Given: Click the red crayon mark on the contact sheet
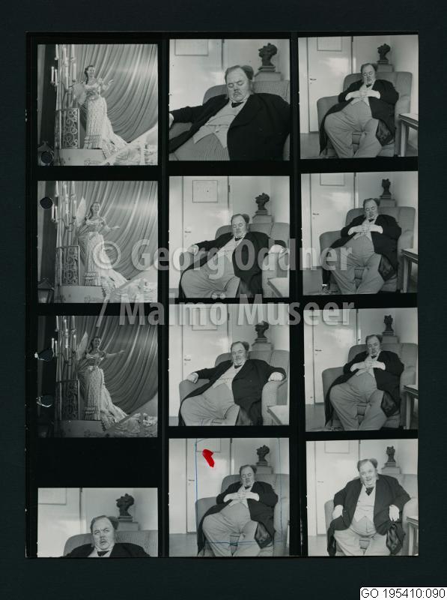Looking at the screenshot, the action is click(208, 458).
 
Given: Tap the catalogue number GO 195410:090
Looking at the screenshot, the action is click(403, 593).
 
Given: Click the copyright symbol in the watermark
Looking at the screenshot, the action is click(107, 255).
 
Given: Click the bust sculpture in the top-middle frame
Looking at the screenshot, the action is click(267, 57).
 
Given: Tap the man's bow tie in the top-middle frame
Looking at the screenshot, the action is click(237, 103).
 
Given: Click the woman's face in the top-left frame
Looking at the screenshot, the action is click(91, 71).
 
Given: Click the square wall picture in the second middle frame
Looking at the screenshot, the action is click(204, 191).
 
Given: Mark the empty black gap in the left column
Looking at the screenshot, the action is click(97, 462).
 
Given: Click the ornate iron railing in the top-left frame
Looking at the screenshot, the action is click(69, 128).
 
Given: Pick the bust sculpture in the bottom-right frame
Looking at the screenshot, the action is click(390, 455).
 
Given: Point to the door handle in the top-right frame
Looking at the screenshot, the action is click(312, 79).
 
